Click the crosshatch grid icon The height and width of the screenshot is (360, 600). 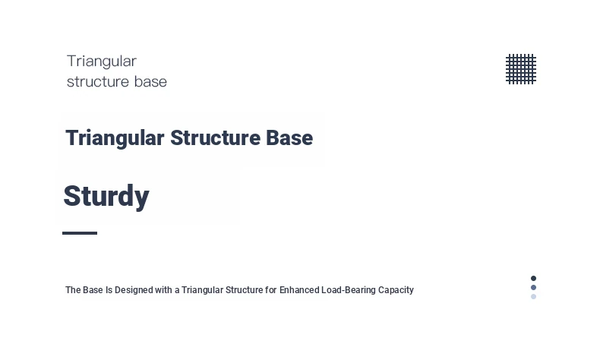click(521, 69)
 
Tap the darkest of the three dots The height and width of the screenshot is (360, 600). click(533, 278)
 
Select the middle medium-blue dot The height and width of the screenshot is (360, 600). click(533, 287)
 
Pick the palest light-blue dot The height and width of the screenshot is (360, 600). click(533, 296)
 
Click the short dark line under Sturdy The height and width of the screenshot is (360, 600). click(80, 233)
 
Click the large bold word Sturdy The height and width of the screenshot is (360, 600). click(106, 197)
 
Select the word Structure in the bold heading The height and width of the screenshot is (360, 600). click(216, 137)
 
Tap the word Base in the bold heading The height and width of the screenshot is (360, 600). click(289, 137)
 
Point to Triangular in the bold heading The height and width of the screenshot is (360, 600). click(115, 138)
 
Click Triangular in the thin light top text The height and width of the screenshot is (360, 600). click(102, 62)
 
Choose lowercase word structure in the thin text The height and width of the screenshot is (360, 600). click(98, 82)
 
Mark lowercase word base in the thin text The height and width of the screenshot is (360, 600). click(150, 82)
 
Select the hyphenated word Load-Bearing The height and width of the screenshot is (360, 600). click(349, 290)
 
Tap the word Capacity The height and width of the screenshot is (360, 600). click(396, 290)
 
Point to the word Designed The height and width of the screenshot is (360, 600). click(134, 290)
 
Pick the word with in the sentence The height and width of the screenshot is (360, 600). click(163, 290)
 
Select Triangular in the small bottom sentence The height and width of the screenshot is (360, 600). click(203, 290)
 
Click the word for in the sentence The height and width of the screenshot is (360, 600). click(271, 290)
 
